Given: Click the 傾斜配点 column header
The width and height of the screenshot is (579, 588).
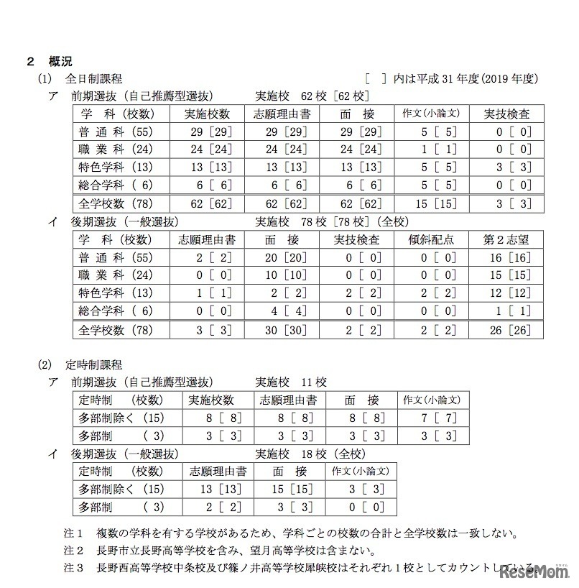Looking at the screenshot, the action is pyautogui.click(x=431, y=239).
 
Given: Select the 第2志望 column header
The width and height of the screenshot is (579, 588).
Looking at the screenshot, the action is pyautogui.click(x=507, y=239).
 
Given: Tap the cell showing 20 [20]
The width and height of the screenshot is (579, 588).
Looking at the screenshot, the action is pyautogui.click(x=282, y=257).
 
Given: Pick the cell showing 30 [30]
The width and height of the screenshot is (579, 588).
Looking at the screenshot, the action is pyautogui.click(x=282, y=330).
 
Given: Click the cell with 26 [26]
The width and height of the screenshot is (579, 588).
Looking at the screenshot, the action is pyautogui.click(x=507, y=330).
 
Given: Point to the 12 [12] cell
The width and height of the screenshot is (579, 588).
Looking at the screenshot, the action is pyautogui.click(x=507, y=293).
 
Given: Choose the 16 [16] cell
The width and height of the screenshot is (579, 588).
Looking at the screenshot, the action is pyautogui.click(x=507, y=257).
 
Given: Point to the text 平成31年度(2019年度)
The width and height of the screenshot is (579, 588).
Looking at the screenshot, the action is pyautogui.click(x=475, y=78).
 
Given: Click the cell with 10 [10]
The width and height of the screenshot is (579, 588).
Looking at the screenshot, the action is pyautogui.click(x=282, y=275).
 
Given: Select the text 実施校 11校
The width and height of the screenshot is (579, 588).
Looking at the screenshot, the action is pyautogui.click(x=287, y=382).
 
